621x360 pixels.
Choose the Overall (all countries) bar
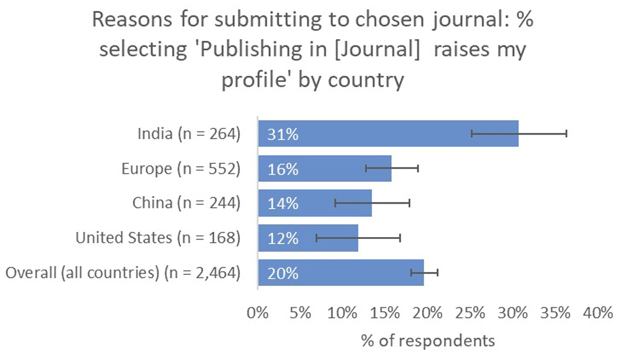pos(341,272)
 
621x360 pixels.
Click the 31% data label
pos(283,134)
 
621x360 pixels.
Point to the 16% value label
pos(283,169)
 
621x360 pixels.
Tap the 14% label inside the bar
pos(283,204)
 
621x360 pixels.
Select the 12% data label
pos(283,238)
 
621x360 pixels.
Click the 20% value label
pos(283,273)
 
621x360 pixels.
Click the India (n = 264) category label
pos(189,133)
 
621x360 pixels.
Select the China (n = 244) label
pos(186,203)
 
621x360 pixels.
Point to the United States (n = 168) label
pos(158,238)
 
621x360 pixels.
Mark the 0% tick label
pos(257,313)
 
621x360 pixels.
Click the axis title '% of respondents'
pos(428,340)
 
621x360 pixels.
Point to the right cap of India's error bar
pos(566,133)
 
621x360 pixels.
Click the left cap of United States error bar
pos(316,238)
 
